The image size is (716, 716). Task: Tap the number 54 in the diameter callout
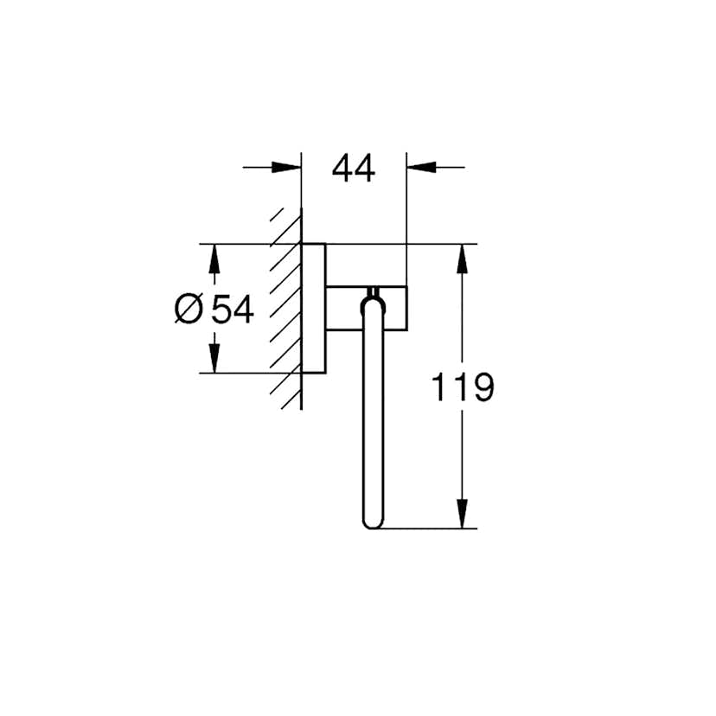(232, 309)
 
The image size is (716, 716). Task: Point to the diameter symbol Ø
(188, 309)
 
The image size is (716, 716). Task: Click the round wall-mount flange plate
(314, 308)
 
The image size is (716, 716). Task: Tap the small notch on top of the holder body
(373, 289)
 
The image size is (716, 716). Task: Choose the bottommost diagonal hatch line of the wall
(284, 400)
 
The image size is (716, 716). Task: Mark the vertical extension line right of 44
(406, 216)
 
